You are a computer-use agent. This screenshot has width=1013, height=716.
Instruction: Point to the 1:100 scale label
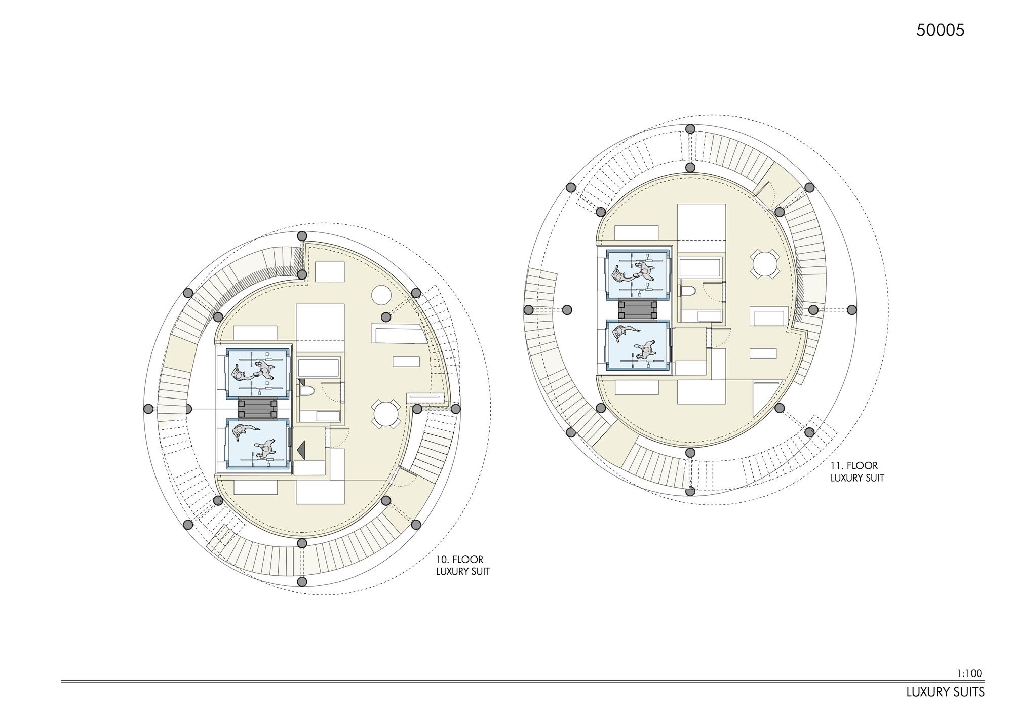969,673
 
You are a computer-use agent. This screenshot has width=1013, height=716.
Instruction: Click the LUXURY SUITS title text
946,692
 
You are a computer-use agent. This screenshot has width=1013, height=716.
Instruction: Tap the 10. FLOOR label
460,560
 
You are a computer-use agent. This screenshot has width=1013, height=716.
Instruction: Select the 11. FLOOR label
854,465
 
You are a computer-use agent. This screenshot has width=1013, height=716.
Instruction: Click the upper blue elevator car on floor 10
257,372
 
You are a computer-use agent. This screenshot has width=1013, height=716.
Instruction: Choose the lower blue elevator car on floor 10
257,444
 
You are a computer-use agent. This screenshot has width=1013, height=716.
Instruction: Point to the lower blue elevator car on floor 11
638,345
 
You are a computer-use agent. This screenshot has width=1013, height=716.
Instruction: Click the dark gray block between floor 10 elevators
258,408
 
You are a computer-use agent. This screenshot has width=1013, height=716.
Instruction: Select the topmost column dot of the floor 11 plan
689,129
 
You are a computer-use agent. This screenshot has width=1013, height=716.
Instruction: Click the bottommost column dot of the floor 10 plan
302,581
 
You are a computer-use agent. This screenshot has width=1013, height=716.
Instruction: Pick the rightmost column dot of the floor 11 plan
851,309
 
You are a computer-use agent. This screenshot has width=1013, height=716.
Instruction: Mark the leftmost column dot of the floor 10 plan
148,409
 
